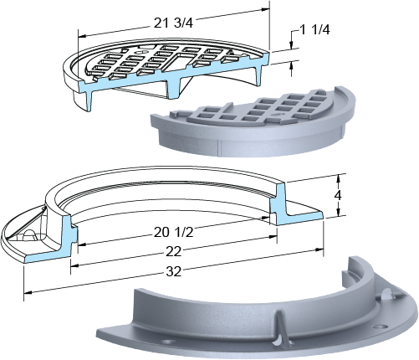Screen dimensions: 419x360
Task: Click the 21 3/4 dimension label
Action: pyautogui.click(x=173, y=23)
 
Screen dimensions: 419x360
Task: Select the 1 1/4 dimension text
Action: pyautogui.click(x=314, y=29)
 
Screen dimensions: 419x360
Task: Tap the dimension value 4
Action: pyautogui.click(x=338, y=196)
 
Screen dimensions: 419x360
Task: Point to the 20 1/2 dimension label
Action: pyautogui.click(x=173, y=232)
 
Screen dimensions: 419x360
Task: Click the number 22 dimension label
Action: pyautogui.click(x=173, y=251)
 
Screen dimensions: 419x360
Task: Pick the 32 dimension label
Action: pyautogui.click(x=173, y=271)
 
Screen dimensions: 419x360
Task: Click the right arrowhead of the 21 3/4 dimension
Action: pyautogui.click(x=266, y=9)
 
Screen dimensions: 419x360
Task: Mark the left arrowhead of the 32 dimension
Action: pyautogui.click(x=28, y=292)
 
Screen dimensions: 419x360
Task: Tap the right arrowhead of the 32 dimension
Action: pyautogui.click(x=319, y=250)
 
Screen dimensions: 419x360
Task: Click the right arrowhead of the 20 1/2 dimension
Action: pyautogui.click(x=273, y=237)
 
